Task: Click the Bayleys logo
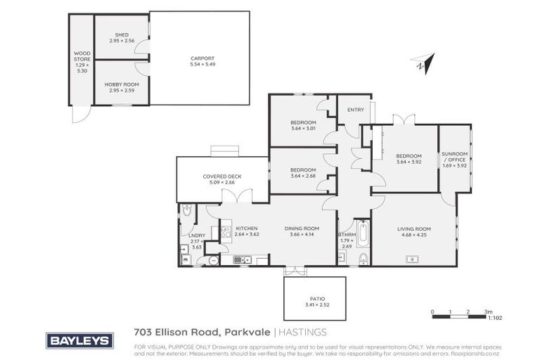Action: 79,340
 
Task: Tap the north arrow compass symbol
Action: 421,63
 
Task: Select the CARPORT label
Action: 202,58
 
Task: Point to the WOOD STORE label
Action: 82,57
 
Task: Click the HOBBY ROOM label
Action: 121,84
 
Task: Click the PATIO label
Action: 314,299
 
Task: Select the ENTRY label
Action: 356,109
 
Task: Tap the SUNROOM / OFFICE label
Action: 454,156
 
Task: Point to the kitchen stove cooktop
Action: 226,230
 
